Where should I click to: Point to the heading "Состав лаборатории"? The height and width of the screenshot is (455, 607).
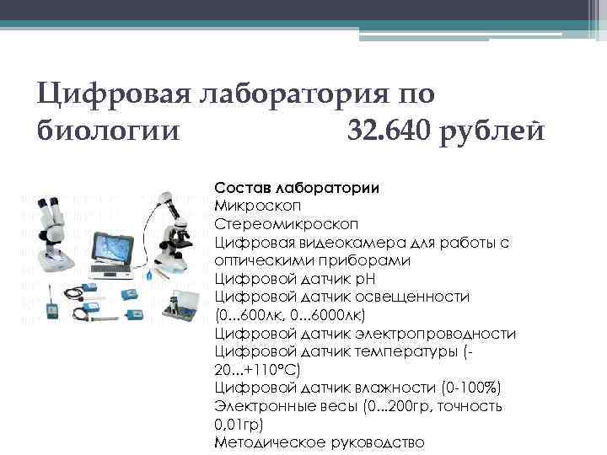tap(297, 187)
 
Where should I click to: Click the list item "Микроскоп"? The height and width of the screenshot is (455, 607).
tap(256, 205)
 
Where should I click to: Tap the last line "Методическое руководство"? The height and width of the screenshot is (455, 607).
tap(320, 442)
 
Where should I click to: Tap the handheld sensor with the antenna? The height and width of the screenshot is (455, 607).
tap(50, 305)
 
